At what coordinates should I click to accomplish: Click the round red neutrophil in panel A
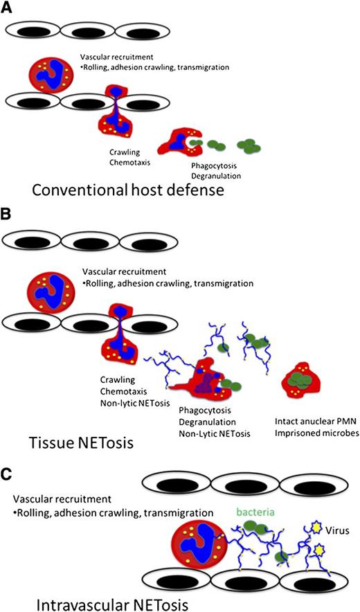click(49, 74)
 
